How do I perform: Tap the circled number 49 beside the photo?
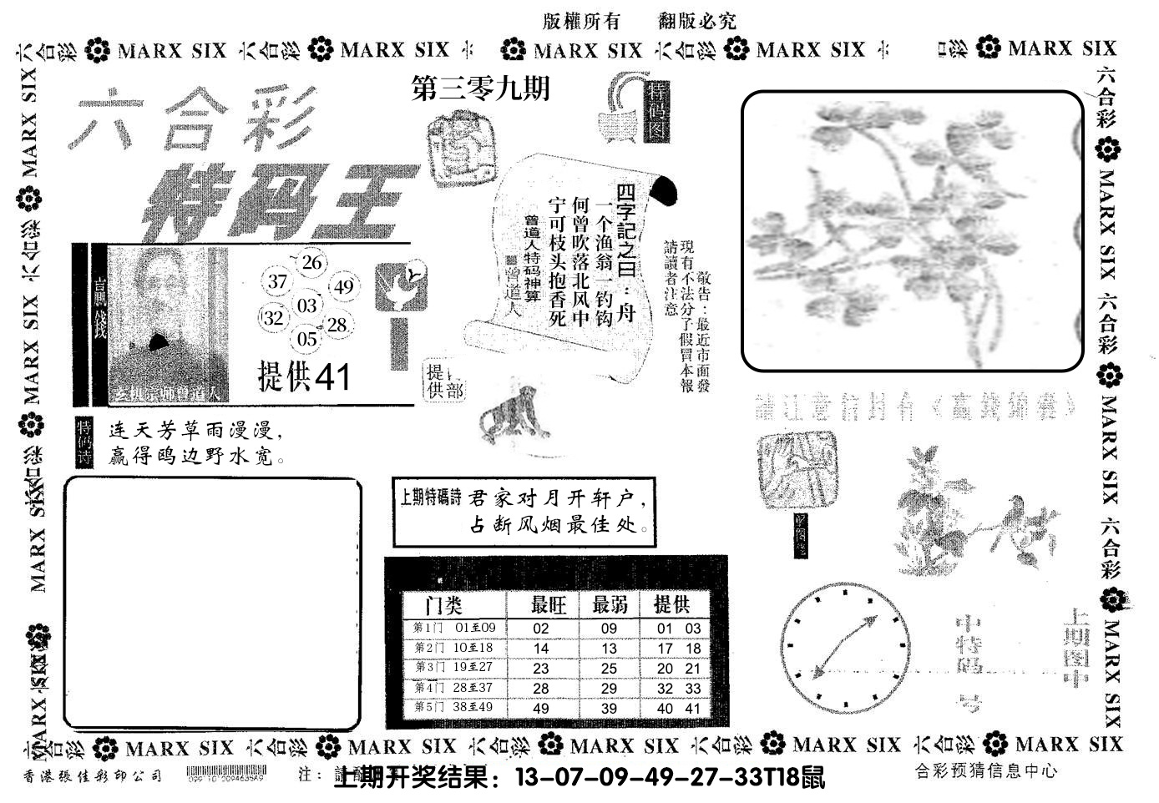(x=343, y=287)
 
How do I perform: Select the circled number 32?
(x=273, y=318)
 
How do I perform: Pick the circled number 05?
(x=307, y=338)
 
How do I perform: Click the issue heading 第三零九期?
(x=481, y=88)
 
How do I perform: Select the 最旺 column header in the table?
(x=549, y=604)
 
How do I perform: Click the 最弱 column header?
(x=610, y=604)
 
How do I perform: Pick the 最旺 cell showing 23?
(x=541, y=669)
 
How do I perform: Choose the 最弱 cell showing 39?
(x=609, y=709)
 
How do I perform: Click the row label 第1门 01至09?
(x=454, y=629)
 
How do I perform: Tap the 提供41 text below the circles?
(x=305, y=377)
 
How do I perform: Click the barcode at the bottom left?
(x=225, y=773)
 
